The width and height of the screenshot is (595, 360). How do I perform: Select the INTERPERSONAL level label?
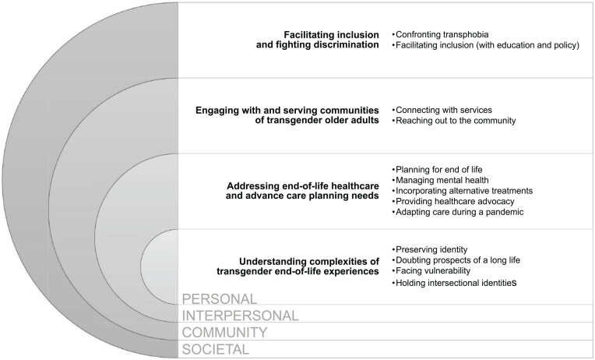[x=240, y=316]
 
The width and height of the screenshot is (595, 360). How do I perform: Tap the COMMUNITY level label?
[x=225, y=333]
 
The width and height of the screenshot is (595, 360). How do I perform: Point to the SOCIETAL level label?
[x=216, y=350]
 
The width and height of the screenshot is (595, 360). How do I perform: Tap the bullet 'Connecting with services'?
[x=442, y=109]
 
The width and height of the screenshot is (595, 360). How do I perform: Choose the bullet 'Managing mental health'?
[x=439, y=179]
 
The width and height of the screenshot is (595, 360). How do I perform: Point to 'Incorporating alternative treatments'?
[x=463, y=190]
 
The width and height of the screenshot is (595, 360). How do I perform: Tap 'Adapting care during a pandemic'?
[x=458, y=212]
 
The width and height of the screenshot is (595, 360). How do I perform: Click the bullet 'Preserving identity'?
[x=433, y=249]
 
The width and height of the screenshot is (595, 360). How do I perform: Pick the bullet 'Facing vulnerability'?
[x=433, y=271]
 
